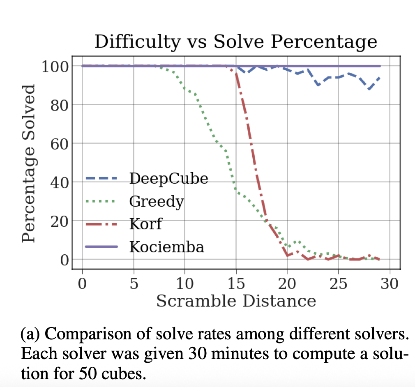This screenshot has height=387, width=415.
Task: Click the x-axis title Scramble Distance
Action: coord(236,301)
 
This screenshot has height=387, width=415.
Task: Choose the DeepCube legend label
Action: coord(168,179)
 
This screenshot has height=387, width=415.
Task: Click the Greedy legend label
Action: coord(157,201)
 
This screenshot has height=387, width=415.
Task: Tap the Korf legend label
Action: coord(145,224)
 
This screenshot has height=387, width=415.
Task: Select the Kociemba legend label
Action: coord(166,246)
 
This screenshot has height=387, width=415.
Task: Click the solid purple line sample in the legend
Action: coord(101,246)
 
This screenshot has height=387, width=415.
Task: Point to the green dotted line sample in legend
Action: coord(101,201)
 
